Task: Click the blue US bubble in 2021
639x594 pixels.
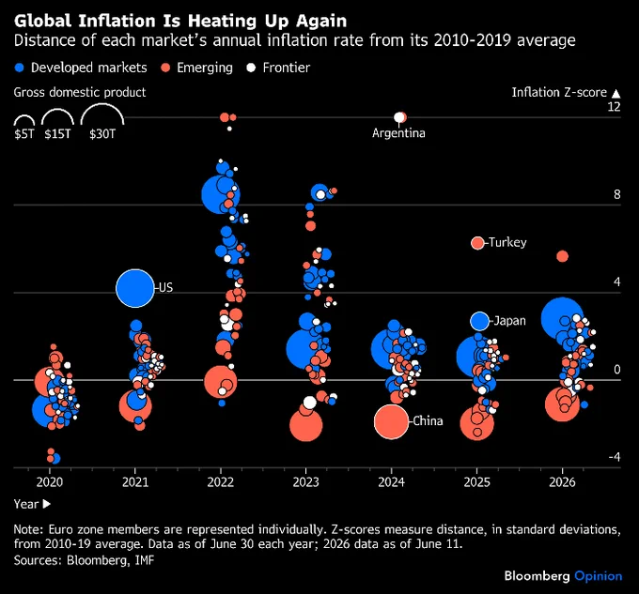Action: pyautogui.click(x=135, y=288)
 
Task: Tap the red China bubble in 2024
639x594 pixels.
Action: pyautogui.click(x=391, y=421)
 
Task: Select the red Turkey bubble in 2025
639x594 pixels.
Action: pyautogui.click(x=477, y=243)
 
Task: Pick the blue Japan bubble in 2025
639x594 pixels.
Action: pyautogui.click(x=479, y=321)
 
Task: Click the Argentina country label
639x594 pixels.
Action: pyautogui.click(x=398, y=133)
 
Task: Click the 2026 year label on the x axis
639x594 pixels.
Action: pyautogui.click(x=562, y=482)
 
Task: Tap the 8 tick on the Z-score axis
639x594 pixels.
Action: pyautogui.click(x=617, y=194)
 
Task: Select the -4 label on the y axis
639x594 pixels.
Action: pyautogui.click(x=615, y=457)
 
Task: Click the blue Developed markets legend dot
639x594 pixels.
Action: pyautogui.click(x=19, y=68)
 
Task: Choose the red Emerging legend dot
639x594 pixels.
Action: pyautogui.click(x=165, y=68)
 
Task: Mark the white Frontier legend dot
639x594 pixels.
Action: pyautogui.click(x=251, y=68)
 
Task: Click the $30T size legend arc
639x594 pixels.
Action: pyautogui.click(x=102, y=105)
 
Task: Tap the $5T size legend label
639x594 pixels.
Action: pyautogui.click(x=24, y=133)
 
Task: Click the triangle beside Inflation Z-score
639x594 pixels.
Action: pyautogui.click(x=616, y=94)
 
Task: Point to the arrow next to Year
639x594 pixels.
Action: pyautogui.click(x=47, y=504)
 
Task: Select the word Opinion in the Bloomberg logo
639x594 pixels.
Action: pyautogui.click(x=599, y=576)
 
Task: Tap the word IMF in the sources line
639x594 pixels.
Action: pyautogui.click(x=145, y=560)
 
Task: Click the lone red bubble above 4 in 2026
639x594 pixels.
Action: pyautogui.click(x=562, y=256)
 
